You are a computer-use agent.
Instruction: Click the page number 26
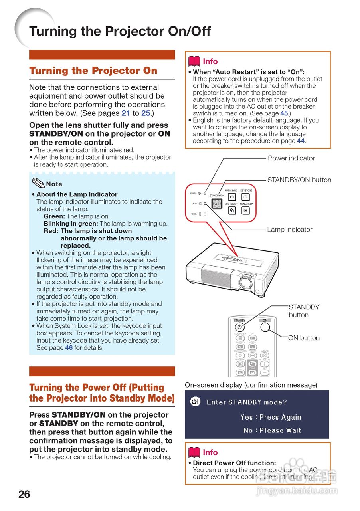[24, 494]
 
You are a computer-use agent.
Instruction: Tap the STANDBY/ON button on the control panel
[216, 204]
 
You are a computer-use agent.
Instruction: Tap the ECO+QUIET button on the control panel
[232, 210]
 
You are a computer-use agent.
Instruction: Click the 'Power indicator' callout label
[291, 158]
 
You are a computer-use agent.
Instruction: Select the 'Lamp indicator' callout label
[289, 230]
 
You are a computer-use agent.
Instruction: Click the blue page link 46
[69, 348]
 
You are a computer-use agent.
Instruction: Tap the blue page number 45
[284, 113]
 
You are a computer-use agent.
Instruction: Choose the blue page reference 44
[301, 141]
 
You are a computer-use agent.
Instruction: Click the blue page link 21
[125, 113]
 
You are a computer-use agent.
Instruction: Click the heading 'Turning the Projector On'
[93, 71]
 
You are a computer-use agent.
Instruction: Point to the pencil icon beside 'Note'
[38, 183]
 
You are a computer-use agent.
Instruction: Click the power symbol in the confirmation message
[195, 402]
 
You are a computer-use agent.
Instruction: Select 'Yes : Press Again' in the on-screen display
[271, 417]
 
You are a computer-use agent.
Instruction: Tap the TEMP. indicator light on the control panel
[205, 214]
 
